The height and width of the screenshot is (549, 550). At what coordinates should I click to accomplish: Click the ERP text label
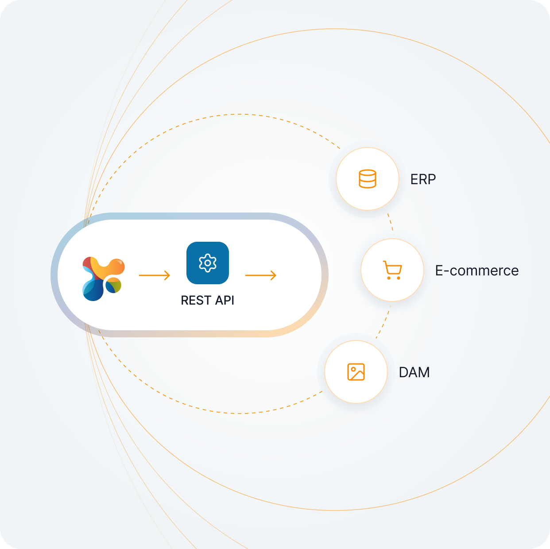click(x=423, y=179)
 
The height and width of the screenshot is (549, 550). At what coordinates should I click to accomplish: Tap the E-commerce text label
click(x=476, y=271)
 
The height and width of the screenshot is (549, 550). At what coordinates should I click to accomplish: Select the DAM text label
click(x=414, y=372)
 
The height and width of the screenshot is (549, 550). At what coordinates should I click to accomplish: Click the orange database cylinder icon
click(x=368, y=179)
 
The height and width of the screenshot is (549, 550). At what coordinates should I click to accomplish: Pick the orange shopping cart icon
click(x=392, y=270)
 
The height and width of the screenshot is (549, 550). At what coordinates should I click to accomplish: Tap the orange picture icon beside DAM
click(x=356, y=372)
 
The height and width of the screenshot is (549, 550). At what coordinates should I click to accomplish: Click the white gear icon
click(x=208, y=263)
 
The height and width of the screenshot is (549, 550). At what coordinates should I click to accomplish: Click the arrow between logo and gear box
click(x=155, y=275)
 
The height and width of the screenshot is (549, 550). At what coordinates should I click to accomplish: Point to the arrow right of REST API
click(x=261, y=275)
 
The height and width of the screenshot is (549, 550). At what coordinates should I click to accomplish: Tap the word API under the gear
click(x=225, y=300)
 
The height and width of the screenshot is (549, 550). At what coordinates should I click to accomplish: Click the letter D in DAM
click(x=404, y=372)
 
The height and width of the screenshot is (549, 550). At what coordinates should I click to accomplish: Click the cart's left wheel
click(x=389, y=278)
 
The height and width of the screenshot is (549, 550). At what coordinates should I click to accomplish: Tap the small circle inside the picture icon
click(x=353, y=369)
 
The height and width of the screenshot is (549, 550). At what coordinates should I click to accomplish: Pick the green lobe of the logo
click(x=115, y=286)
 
